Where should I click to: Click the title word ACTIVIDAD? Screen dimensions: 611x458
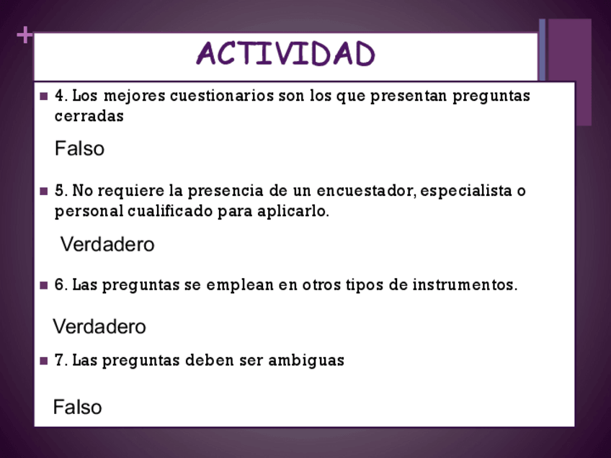(x=285, y=54)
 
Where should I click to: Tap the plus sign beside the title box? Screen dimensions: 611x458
(x=24, y=35)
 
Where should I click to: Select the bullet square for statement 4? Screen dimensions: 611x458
(x=44, y=96)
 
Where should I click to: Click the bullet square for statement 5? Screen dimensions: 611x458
(x=44, y=192)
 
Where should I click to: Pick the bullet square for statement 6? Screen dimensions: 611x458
(x=44, y=285)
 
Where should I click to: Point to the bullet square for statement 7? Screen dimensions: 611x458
(x=44, y=361)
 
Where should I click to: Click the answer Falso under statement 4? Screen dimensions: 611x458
(x=79, y=148)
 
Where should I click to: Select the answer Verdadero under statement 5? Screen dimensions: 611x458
(x=107, y=244)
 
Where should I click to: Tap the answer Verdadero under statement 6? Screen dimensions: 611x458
(x=99, y=326)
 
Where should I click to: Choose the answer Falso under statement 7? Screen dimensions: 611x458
(x=78, y=407)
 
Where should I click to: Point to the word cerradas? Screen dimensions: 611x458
(x=89, y=116)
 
